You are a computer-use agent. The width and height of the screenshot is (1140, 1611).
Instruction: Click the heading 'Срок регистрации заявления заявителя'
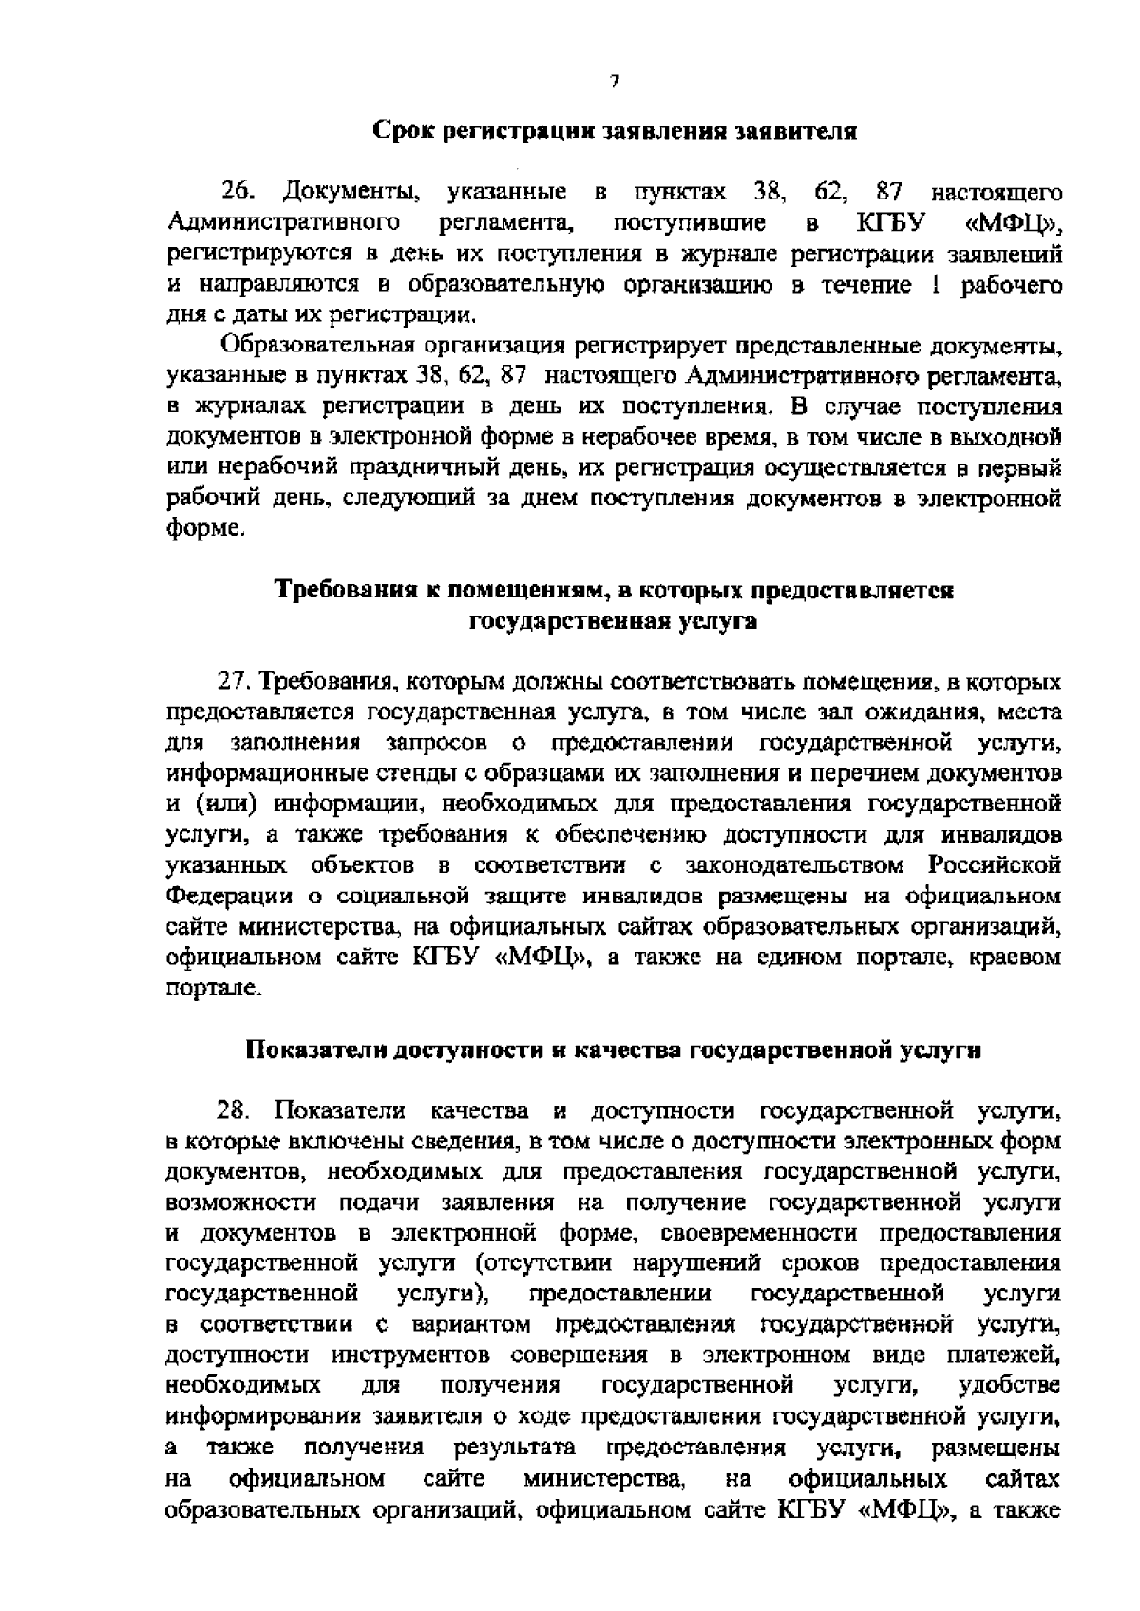click(x=614, y=130)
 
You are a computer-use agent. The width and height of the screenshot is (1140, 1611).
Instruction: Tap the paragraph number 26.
click(x=240, y=194)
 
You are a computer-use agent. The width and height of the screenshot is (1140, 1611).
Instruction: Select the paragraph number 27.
click(x=237, y=681)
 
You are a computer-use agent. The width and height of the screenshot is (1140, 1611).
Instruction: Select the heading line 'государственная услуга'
click(x=614, y=621)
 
